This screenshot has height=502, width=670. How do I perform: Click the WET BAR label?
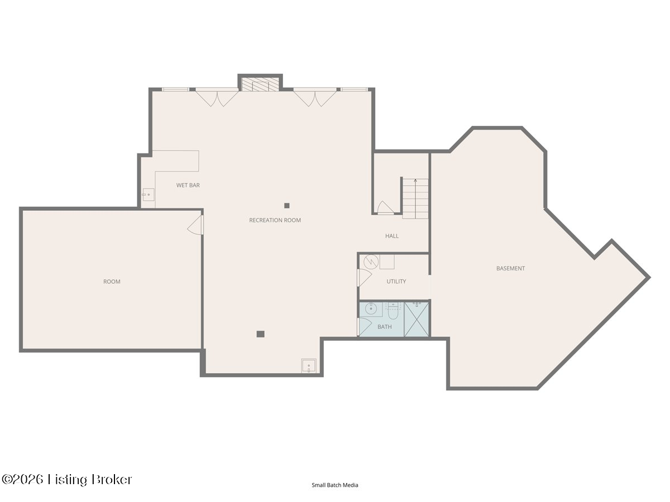[188, 185]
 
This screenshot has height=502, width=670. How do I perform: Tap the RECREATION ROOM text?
[275, 220]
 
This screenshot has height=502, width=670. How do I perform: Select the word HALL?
[392, 236]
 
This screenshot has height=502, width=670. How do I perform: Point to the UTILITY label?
[396, 282]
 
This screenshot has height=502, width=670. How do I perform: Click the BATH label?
[385, 327]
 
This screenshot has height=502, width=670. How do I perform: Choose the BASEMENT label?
[511, 268]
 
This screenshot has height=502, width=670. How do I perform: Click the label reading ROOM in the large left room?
[112, 282]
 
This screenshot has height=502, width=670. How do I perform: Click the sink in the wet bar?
[149, 195]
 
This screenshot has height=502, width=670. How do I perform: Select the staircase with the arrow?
[415, 199]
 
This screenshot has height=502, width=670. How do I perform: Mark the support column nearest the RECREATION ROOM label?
[287, 206]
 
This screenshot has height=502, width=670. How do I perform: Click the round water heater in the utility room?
[371, 262]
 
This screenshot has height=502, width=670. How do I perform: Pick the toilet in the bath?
[393, 311]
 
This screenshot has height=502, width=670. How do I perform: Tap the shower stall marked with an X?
[417, 320]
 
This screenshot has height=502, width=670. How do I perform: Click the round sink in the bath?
[371, 310]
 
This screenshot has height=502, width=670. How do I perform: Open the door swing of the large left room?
[195, 225]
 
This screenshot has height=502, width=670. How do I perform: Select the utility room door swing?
[364, 277]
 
